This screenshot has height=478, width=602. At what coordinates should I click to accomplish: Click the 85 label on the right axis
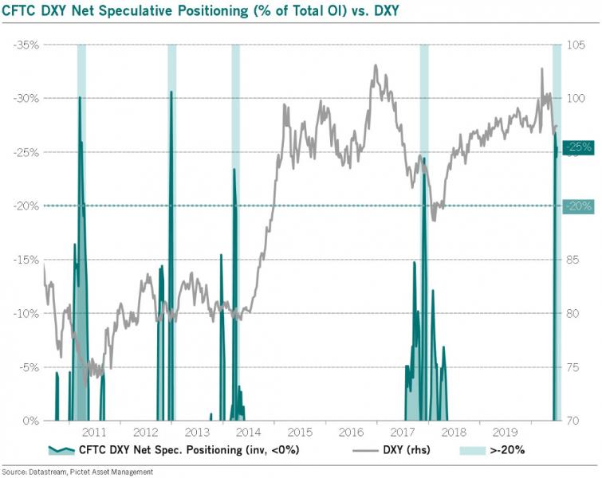(576, 260)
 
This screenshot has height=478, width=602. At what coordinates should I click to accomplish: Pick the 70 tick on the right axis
(576, 421)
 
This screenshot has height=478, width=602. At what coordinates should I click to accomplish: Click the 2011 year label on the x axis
(94, 433)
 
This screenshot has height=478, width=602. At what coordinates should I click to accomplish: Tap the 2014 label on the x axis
(248, 433)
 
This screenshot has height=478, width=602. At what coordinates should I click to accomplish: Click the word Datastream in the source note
(46, 472)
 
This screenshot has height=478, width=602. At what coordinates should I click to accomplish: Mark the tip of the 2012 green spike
(171, 92)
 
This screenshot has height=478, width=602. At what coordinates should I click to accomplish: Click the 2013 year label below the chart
(197, 433)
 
